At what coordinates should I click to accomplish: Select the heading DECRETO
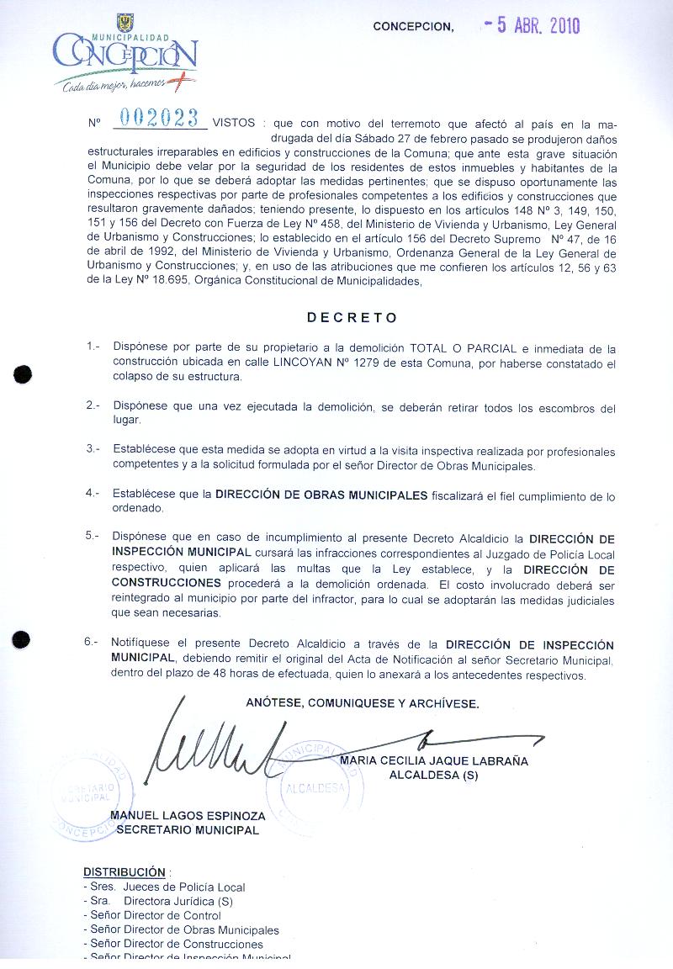pos(352,318)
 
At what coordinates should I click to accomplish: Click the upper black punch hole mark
pos(24,374)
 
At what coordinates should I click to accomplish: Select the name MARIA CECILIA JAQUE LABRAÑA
pos(434,761)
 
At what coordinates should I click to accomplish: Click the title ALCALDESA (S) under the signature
pos(433,776)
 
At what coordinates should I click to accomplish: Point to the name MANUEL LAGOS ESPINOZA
pos(188,816)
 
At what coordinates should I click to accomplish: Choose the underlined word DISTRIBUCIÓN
pos(124,872)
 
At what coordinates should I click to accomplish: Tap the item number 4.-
pos(93,494)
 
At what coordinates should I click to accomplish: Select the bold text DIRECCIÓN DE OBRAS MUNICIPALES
pos(321,495)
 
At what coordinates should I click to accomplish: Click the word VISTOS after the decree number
pos(234,123)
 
